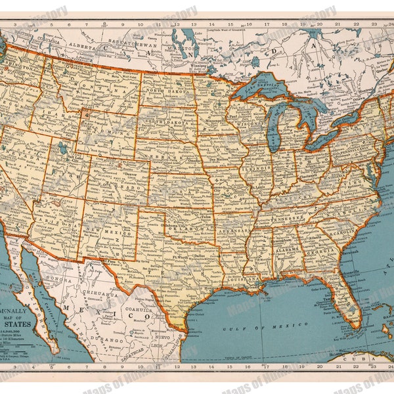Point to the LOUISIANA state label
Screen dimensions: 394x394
pyautogui.click(x=238, y=278)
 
